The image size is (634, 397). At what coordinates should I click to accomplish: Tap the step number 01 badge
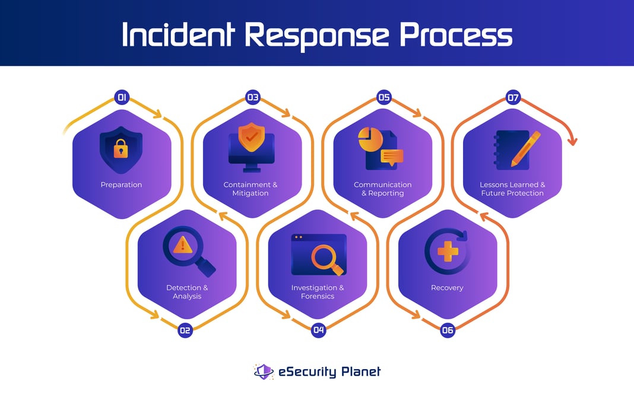[x=122, y=97]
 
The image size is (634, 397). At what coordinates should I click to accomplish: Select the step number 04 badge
[x=319, y=330]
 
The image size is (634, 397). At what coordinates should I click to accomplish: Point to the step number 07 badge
[x=513, y=97]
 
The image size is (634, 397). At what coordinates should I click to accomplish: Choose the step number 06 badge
[x=448, y=330]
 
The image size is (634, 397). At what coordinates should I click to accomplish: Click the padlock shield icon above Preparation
[x=121, y=148]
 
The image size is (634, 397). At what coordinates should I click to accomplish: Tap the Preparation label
[x=121, y=185]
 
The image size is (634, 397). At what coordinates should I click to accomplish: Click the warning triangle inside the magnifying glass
[x=182, y=244]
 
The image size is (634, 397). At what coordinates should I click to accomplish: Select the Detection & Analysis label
[x=187, y=292]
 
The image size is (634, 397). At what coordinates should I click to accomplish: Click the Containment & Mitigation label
[x=251, y=189]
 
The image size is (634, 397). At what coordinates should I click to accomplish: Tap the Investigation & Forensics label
[x=318, y=292]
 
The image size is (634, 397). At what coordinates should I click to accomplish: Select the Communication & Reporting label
[x=382, y=189]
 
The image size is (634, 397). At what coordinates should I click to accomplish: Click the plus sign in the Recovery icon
[x=448, y=252]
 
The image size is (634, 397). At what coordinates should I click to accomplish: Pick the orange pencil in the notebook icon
[x=525, y=148]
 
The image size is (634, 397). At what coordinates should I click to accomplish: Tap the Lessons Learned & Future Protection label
[x=512, y=189]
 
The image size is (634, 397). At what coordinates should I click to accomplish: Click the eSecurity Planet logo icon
[x=264, y=371]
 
